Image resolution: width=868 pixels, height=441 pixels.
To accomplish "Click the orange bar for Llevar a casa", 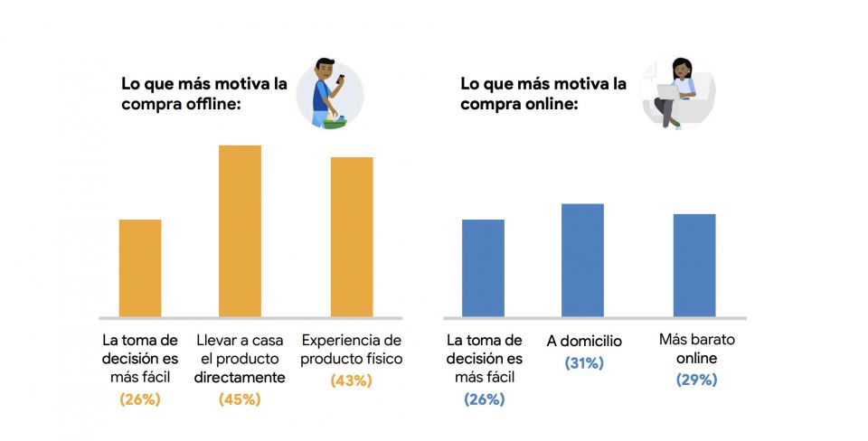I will point(240,231).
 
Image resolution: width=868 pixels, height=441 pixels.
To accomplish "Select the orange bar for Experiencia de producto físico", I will point(352,237).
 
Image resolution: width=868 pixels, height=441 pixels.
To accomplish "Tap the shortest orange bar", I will point(140,268).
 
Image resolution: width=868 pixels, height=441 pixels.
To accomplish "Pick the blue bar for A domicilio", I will point(582,260).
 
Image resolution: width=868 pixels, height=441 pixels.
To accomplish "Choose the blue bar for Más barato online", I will point(694,266).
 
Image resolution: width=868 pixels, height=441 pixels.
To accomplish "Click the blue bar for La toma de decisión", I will point(483,268).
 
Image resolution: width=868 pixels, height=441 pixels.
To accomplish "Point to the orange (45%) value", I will point(240,399).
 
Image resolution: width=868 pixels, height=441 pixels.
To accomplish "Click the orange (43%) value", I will point(352,380).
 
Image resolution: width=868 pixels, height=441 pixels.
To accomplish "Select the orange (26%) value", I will point(140,399).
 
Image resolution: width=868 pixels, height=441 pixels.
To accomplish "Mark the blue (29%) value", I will point(696,380).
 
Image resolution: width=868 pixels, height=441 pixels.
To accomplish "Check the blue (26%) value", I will point(484,399).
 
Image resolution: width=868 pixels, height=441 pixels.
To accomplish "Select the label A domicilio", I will point(584,342).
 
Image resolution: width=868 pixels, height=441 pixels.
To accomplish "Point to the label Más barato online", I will point(696,351).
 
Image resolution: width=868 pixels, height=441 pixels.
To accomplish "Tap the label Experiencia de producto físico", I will point(352,351).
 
